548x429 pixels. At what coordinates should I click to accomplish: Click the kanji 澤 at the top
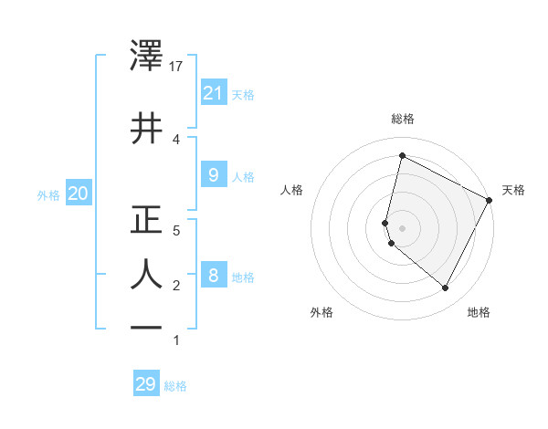[147, 58]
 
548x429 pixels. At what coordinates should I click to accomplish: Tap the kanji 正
[147, 220]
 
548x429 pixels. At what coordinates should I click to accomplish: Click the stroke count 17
[177, 68]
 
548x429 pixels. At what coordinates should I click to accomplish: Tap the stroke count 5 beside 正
[177, 231]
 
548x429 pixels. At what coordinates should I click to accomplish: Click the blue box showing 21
[213, 93]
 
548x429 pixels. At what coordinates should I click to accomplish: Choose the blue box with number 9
[213, 175]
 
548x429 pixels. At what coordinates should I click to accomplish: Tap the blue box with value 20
[78, 194]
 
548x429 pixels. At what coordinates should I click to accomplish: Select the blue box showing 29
[146, 384]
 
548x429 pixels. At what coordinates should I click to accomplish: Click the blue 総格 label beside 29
[176, 386]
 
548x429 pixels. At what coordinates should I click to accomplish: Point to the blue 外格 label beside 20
[48, 194]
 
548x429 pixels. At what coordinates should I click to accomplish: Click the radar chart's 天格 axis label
[513, 190]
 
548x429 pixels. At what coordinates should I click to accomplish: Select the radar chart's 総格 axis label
[402, 120]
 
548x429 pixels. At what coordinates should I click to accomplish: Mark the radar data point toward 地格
[445, 288]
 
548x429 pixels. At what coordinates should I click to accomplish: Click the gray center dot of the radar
[402, 227]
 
